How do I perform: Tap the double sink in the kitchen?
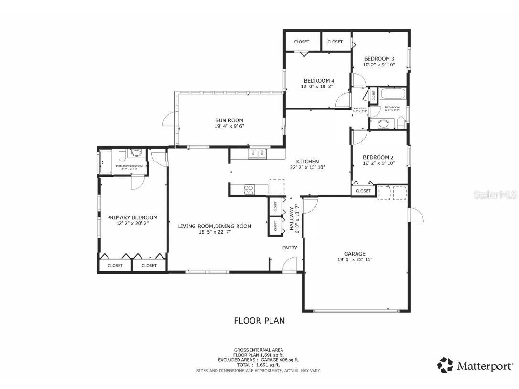coord(258,153)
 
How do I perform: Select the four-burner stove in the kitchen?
coord(249,190)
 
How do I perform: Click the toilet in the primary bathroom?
coord(122,154)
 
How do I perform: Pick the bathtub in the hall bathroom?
coord(393,94)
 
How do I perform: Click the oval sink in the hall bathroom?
coord(383,124)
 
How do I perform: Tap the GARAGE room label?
coord(355,254)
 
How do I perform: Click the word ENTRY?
coord(290,248)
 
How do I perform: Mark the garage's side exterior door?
coord(416,216)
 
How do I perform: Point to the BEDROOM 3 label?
coord(378,59)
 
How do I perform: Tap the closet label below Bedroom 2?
coord(363,191)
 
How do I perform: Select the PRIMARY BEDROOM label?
coord(132,217)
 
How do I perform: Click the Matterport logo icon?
coord(445,366)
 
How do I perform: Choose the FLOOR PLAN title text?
coord(259,320)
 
